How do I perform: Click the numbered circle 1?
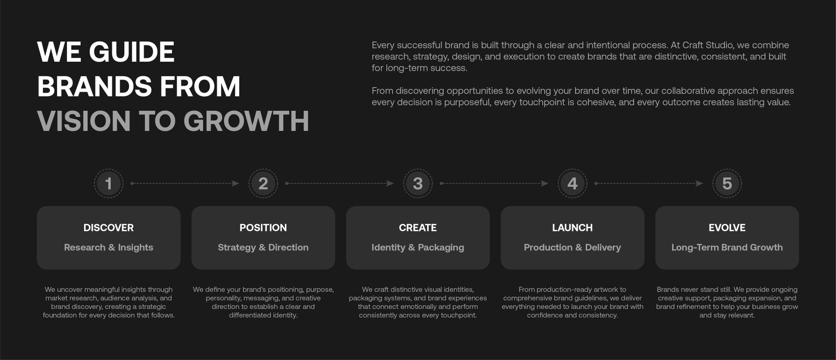pyautogui.click(x=109, y=183)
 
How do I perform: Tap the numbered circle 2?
pyautogui.click(x=263, y=183)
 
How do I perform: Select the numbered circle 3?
pyautogui.click(x=417, y=183)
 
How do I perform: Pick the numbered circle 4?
pyautogui.click(x=572, y=183)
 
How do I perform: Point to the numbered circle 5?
pyautogui.click(x=727, y=183)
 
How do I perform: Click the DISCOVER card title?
pyautogui.click(x=109, y=228)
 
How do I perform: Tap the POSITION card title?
pyautogui.click(x=263, y=228)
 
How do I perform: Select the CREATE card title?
pyautogui.click(x=417, y=228)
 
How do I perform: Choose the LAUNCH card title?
pyautogui.click(x=572, y=228)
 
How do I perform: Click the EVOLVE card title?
pyautogui.click(x=727, y=228)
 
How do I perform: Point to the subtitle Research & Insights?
pyautogui.click(x=109, y=247)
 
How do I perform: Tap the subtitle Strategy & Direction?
pyautogui.click(x=263, y=247)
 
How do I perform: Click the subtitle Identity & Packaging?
pyautogui.click(x=417, y=247)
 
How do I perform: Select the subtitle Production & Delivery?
pyautogui.click(x=572, y=247)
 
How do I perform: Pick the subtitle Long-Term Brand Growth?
pyautogui.click(x=727, y=247)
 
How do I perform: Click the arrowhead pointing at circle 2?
pyautogui.click(x=236, y=183)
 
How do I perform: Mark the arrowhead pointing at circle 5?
pyautogui.click(x=700, y=183)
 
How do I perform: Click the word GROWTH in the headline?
pyautogui.click(x=246, y=121)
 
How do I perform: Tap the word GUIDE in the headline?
pyautogui.click(x=131, y=52)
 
